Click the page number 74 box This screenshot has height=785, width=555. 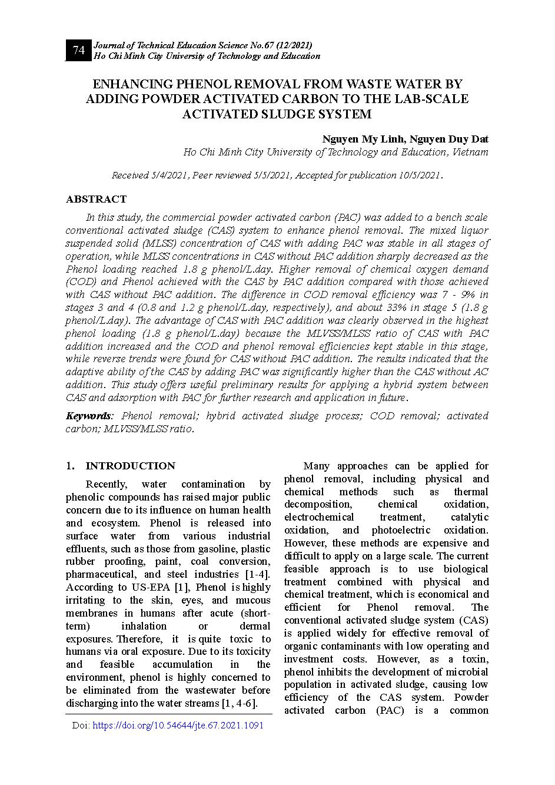tap(79, 51)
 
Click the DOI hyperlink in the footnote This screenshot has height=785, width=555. tap(178, 726)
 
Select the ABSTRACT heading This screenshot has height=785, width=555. tap(96, 199)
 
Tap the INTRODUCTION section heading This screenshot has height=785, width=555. tap(130, 466)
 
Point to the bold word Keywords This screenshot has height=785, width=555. tap(88, 416)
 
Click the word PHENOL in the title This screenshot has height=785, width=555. tap(192, 84)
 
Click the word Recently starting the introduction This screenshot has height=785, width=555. tap(107, 484)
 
